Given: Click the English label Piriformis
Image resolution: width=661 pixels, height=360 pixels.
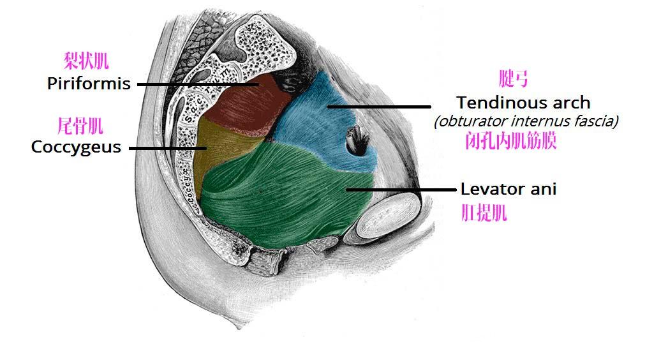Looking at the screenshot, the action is [x=89, y=84].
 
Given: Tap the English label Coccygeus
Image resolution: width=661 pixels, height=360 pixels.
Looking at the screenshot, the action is [x=76, y=147].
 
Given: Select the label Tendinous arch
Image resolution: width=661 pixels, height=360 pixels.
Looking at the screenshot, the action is [x=523, y=102].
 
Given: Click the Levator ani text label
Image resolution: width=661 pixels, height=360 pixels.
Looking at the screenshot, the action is [x=509, y=189].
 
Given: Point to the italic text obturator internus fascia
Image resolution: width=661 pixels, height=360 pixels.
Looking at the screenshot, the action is [x=526, y=121].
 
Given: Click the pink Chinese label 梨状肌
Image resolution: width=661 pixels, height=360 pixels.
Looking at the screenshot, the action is [x=86, y=61].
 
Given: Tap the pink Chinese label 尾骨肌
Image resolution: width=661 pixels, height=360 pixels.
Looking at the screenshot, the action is [x=80, y=126].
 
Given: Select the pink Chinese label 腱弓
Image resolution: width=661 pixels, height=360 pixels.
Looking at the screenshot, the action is [x=513, y=79].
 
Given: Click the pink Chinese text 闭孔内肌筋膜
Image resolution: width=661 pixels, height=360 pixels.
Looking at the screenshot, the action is [x=511, y=141].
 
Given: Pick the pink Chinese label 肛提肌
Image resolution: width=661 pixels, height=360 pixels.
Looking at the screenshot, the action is [x=484, y=213].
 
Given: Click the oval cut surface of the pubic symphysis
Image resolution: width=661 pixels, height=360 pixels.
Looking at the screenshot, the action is [x=388, y=216].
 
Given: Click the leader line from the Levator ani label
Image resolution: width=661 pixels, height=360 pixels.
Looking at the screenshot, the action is [x=401, y=190].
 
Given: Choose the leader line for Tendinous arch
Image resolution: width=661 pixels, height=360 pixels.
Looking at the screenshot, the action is [x=379, y=107].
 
